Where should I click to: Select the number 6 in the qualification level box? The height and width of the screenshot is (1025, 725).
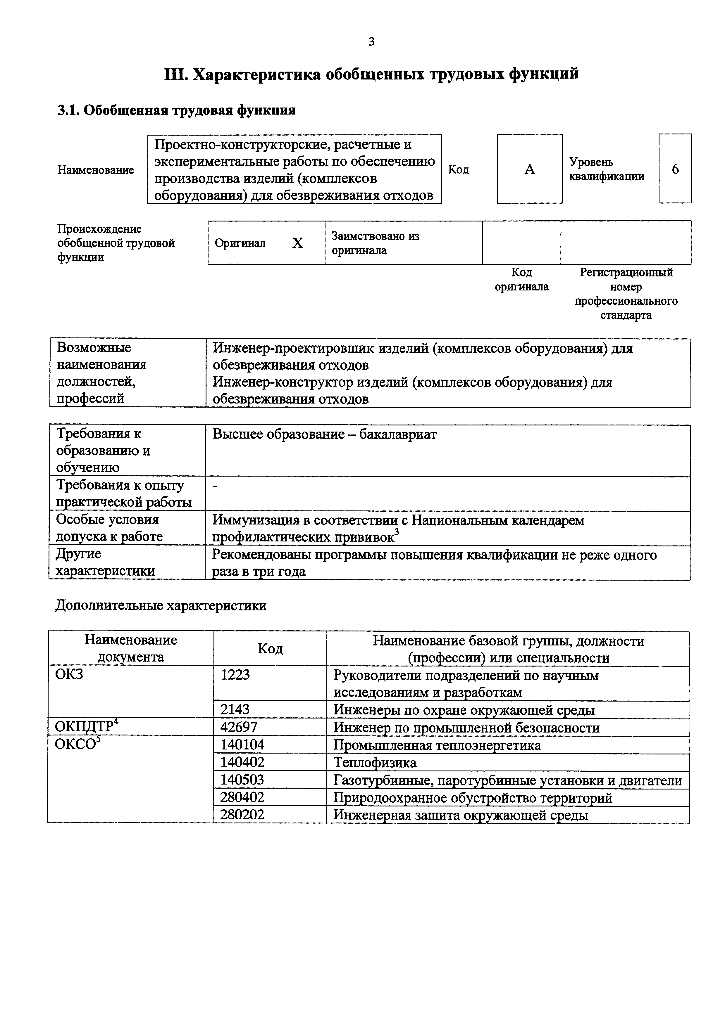[675, 169]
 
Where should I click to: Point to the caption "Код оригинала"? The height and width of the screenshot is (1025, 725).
[521, 279]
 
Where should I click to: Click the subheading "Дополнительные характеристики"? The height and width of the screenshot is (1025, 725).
[161, 606]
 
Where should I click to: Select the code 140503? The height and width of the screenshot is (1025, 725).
[242, 780]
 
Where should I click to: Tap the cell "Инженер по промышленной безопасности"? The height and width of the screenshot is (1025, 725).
[466, 728]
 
